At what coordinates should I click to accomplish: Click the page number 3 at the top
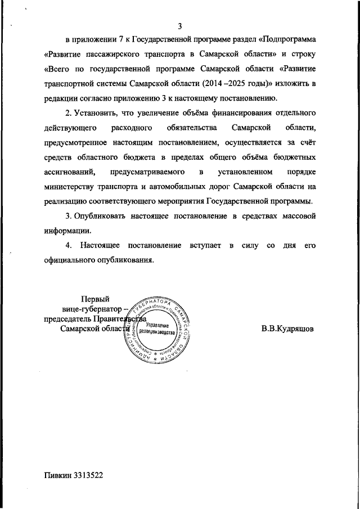[181, 26]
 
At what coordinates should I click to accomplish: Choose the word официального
[74, 260]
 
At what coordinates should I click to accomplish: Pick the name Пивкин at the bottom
[58, 475]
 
